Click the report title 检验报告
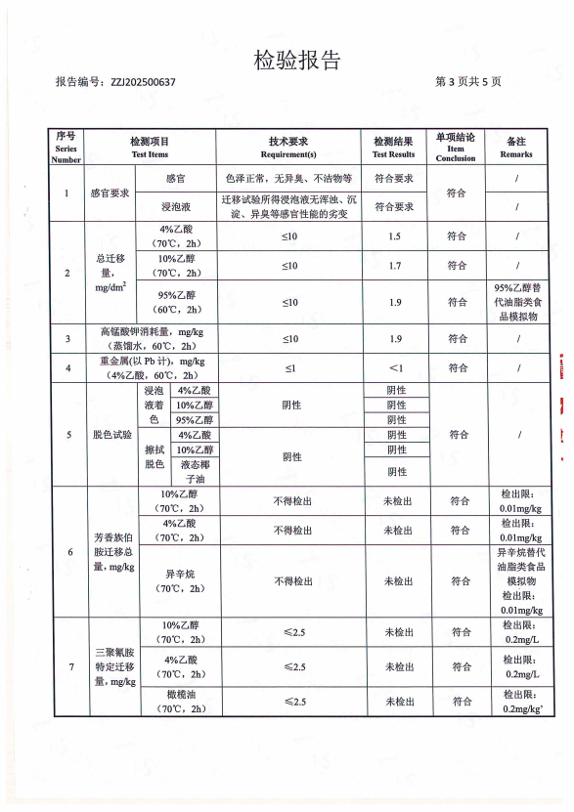click(297, 61)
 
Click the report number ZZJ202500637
click(142, 83)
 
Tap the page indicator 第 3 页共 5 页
click(468, 83)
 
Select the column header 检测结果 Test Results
click(393, 148)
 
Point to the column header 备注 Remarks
click(516, 148)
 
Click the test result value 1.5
click(394, 237)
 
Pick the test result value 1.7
click(394, 266)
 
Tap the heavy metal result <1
click(395, 368)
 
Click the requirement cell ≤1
click(289, 368)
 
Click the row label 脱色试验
click(110, 435)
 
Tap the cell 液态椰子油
click(195, 472)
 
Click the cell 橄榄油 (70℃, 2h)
click(182, 702)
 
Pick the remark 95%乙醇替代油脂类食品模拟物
click(517, 302)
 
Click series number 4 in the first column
click(66, 368)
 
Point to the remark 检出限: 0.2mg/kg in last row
click(517, 702)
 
